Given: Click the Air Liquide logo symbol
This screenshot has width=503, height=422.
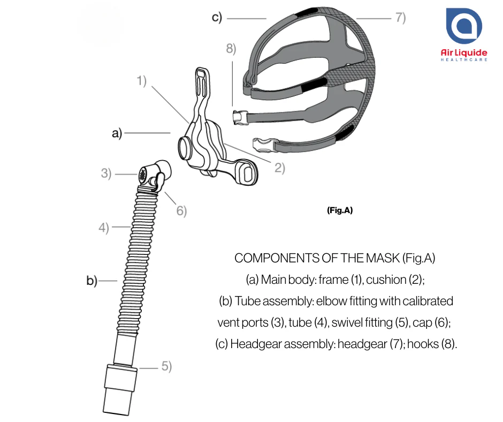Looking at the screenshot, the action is click(x=464, y=26).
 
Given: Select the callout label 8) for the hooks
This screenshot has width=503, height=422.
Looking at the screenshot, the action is click(x=231, y=49).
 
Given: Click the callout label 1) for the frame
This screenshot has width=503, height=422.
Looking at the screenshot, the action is click(x=141, y=81).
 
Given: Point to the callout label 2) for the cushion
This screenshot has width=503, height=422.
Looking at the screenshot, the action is click(x=280, y=168).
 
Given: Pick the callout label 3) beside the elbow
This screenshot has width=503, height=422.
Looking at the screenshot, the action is click(x=106, y=174).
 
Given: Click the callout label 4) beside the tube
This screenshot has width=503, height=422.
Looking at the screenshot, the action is click(x=104, y=228).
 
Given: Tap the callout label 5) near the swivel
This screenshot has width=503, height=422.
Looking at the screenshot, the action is click(x=166, y=366).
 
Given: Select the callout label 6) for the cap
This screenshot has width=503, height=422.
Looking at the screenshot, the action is click(x=181, y=210).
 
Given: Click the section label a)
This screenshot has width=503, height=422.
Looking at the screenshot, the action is click(x=117, y=133).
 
